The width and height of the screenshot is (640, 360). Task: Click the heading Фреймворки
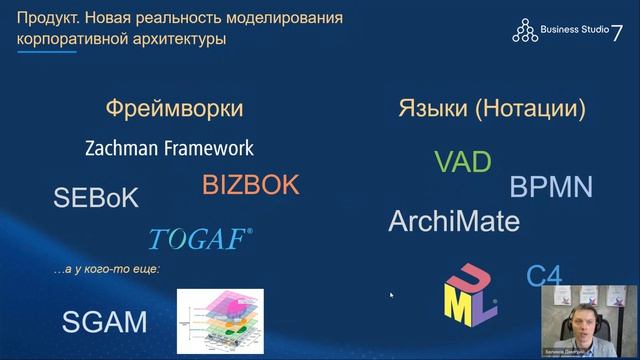tap(174, 108)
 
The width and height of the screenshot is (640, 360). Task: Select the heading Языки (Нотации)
tap(492, 108)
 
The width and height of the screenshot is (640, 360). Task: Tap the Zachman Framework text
tap(169, 148)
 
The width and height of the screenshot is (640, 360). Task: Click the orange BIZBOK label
tap(250, 185)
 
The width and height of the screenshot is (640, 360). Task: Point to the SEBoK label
tap(96, 197)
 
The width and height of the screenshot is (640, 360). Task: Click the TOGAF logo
tap(200, 239)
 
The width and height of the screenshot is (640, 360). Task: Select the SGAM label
tap(104, 322)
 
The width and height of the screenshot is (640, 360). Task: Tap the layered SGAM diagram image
tap(220, 320)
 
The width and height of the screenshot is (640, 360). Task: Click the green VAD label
tap(463, 161)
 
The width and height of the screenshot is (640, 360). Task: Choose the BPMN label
tap(551, 187)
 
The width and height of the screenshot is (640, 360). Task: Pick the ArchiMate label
tap(454, 220)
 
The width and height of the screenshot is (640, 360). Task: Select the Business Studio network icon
tap(525, 31)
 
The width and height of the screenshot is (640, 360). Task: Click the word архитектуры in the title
tap(172, 39)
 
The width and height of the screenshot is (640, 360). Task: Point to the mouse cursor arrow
tap(391, 295)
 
